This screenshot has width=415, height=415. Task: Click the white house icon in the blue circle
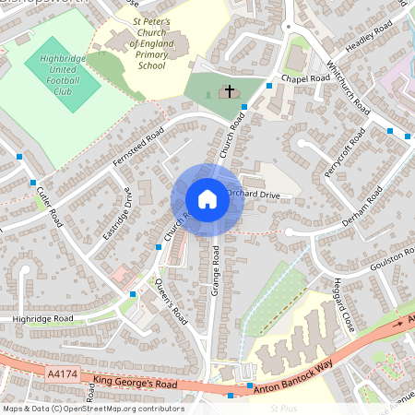207,199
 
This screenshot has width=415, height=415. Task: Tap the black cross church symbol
229,91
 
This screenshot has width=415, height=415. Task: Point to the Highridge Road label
42,318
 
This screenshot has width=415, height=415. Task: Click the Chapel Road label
306,79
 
